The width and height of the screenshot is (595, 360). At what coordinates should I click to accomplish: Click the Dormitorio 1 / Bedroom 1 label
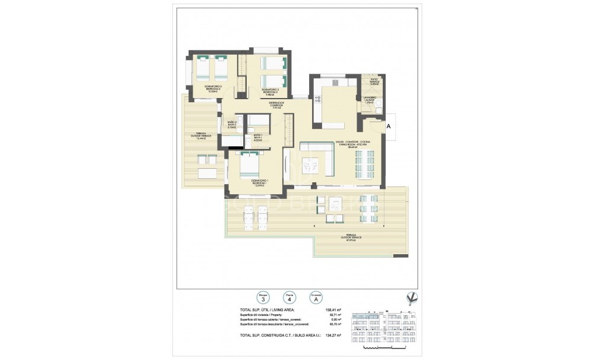(257, 182)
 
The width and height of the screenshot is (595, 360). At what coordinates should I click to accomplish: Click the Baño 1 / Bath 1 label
(258, 138)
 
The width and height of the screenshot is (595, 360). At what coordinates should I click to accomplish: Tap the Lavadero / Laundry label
(369, 100)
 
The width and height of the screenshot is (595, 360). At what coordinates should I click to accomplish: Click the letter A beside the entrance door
(389, 126)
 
